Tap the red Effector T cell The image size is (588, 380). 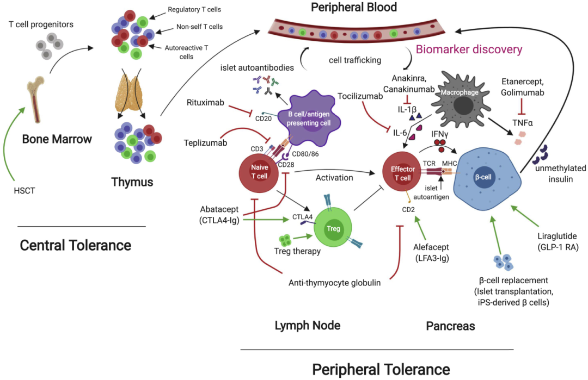tap(403, 172)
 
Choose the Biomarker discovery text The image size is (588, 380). tap(469, 49)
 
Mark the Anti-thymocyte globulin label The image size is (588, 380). tap(334, 283)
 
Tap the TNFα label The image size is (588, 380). tap(522, 123)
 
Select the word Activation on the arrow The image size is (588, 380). tap(334, 178)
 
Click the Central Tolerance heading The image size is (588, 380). tap(75, 245)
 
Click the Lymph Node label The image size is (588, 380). tap(308, 326)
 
